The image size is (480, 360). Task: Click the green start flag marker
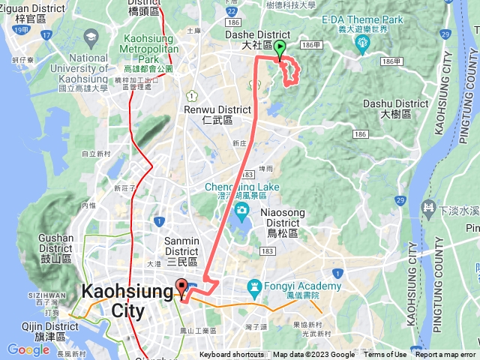(280, 50)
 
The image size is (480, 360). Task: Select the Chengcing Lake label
(241, 187)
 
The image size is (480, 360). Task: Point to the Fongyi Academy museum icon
(253, 286)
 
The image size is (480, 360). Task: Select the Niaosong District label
(283, 217)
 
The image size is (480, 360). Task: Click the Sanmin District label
(181, 247)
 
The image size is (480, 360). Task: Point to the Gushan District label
(55, 243)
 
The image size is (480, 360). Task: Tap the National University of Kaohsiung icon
(91, 37)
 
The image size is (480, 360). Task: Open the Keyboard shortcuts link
(231, 355)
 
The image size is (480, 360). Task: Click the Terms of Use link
(385, 355)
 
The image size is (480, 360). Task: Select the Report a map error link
(445, 355)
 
